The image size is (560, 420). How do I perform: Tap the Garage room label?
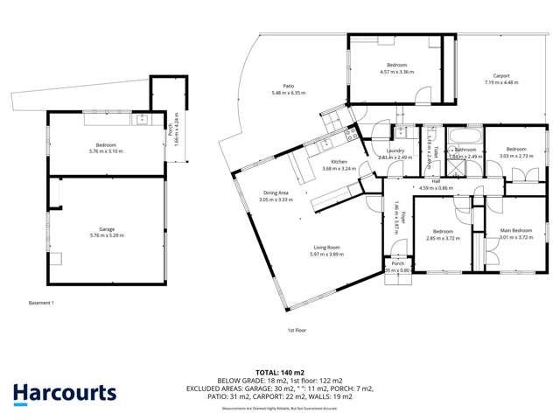106,228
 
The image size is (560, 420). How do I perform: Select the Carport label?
501,75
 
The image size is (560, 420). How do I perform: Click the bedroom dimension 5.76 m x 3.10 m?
106,151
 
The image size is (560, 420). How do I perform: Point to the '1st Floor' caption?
296,330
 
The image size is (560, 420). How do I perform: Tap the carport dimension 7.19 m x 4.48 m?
501,82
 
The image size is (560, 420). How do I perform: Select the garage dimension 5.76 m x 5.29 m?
106,235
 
